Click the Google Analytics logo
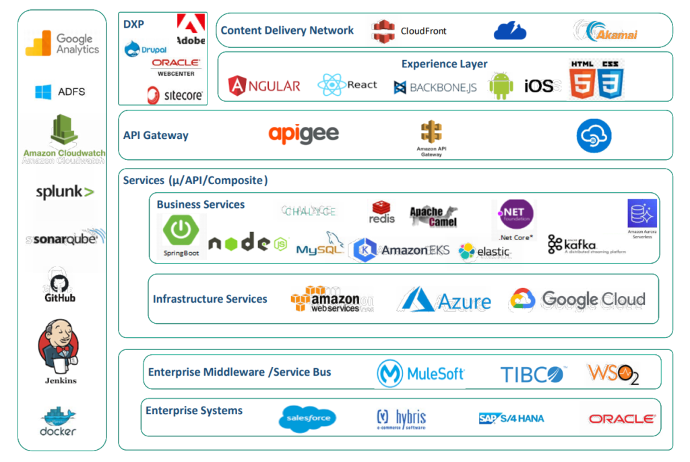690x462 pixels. coord(62,44)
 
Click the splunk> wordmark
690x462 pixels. coord(65,192)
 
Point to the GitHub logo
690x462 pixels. coord(60,285)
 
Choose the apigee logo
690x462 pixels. coord(303,134)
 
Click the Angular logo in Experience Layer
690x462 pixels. coord(264,86)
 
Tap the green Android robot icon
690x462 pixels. coord(501,86)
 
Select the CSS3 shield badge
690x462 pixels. coord(610,80)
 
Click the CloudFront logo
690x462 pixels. coord(410,30)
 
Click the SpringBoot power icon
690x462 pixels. coord(181,231)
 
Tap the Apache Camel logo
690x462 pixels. coord(433,216)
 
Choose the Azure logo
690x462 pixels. coord(444,299)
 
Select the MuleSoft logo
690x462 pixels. coord(420,373)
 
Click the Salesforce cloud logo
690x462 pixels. coord(307,418)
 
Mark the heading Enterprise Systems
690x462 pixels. coord(194,410)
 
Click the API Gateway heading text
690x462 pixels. coord(156,135)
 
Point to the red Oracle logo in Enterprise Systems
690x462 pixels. coord(622,419)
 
